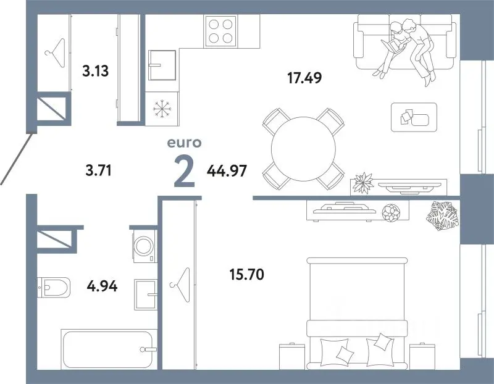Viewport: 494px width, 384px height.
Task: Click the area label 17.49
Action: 304,78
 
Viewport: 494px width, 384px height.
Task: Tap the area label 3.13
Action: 96,71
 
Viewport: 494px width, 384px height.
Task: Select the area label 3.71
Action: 99,171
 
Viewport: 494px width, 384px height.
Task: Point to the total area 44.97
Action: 227,171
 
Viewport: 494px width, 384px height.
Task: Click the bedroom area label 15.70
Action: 246,274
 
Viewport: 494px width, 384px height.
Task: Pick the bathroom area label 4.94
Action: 102,286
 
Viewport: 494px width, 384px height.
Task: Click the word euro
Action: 184,143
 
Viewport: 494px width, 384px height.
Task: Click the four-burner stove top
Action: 220,31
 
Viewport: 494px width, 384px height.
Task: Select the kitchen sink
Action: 162,65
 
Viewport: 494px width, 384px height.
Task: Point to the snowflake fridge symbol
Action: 162,109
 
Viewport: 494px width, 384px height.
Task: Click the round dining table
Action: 303,149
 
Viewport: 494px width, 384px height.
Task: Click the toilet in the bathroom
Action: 54,287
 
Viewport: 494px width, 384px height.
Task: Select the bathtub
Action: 109,349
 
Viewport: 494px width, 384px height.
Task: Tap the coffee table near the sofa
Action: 414,117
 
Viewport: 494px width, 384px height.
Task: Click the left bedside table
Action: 292,356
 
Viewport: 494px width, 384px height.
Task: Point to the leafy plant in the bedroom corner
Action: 442,216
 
